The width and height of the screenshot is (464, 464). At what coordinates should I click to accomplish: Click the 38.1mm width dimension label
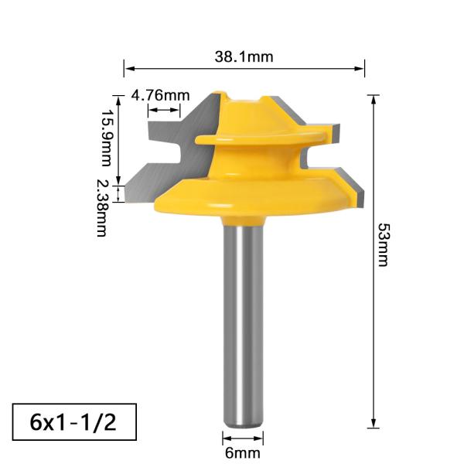(x=244, y=56)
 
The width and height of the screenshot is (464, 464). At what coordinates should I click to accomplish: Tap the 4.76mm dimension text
(x=160, y=95)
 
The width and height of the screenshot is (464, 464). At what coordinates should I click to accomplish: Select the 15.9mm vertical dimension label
(x=107, y=138)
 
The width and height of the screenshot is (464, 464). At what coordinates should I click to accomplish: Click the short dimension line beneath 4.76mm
(x=164, y=111)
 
